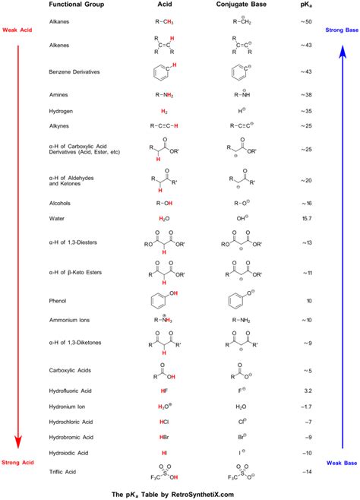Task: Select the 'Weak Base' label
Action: coord(341,462)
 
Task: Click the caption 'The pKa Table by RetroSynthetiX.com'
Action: coord(180,492)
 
